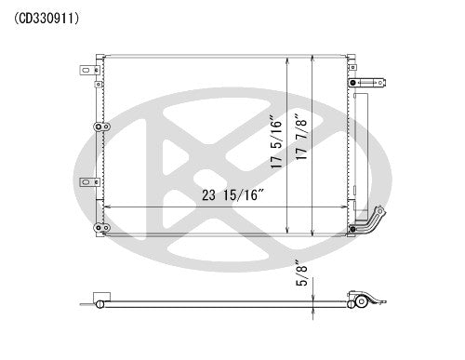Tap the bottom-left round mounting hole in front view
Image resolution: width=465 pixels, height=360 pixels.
point(98,228)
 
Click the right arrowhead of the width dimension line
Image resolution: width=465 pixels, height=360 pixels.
point(343,207)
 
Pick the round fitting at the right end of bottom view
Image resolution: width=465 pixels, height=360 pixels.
point(356,302)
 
